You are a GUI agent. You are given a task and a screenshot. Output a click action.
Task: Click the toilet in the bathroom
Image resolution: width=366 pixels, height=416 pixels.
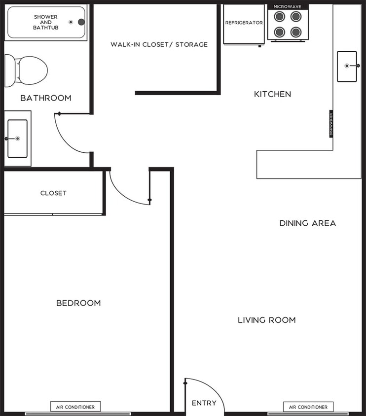tap(27, 70)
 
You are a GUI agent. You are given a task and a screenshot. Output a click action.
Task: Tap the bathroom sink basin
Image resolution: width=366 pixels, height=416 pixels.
tap(17, 139)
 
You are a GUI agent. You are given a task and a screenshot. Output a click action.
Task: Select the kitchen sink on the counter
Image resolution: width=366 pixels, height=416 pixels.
tap(347, 66)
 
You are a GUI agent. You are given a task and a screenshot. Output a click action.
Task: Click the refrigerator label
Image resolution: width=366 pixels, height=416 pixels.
tap(244, 23)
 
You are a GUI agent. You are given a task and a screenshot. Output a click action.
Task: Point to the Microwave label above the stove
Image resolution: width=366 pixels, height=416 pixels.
tap(288, 6)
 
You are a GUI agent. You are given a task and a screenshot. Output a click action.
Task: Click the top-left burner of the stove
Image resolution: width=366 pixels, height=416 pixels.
tap(280, 17)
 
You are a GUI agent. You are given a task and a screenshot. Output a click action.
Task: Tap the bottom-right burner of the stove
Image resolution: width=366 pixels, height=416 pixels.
tap(296, 32)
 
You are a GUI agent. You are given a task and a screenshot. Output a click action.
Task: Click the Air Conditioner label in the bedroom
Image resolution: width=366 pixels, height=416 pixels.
tap(75, 407)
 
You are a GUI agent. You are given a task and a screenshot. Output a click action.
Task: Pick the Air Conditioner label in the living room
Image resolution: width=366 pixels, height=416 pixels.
tap(308, 407)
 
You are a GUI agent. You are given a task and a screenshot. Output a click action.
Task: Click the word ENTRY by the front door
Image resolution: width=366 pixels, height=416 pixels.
tap(204, 403)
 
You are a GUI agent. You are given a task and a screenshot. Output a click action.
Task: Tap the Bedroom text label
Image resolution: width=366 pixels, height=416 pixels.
tap(78, 303)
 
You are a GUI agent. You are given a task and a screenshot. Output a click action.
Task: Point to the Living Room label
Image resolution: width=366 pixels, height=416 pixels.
tap(267, 320)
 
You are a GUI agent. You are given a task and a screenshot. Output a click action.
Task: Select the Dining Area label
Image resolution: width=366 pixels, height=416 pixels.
tap(307, 223)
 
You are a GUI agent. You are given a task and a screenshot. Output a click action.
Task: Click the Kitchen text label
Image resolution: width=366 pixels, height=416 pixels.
tap(272, 94)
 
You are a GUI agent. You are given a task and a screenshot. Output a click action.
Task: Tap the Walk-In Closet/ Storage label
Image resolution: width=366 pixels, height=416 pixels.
tap(159, 44)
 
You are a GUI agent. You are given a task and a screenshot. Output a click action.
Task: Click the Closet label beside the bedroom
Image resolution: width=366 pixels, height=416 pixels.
tap(53, 193)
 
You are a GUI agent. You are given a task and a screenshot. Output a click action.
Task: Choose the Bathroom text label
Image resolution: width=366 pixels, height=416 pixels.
tap(46, 98)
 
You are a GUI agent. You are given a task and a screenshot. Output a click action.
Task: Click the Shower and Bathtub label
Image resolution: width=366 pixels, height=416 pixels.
tap(45, 22)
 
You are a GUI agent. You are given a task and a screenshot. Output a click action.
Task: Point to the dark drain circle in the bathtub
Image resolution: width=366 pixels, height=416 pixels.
tap(81, 22)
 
